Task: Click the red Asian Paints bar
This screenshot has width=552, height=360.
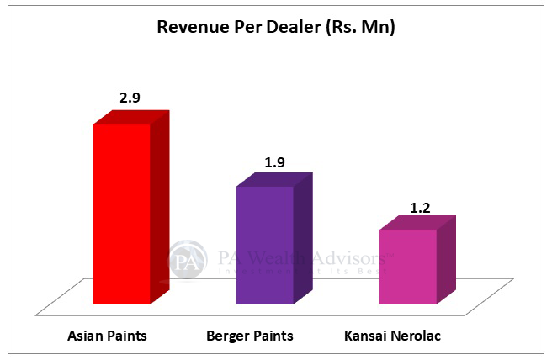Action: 121,214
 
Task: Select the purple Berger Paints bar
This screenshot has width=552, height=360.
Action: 264,244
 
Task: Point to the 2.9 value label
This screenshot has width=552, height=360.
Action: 130,98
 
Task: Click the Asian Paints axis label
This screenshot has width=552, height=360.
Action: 107,336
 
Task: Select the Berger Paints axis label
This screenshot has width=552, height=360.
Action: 250,336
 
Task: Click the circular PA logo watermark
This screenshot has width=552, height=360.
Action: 188,260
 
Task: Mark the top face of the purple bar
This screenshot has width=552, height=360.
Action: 274,180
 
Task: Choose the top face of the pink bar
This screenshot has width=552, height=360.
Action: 417,223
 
